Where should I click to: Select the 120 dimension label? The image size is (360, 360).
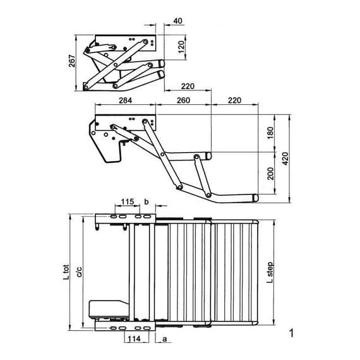pos(181,46)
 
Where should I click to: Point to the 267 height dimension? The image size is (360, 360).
pos(72,61)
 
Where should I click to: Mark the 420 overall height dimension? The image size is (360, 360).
pos(285,158)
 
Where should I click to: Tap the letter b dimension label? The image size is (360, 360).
pos(147,201)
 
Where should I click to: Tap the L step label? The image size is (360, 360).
pos(270,273)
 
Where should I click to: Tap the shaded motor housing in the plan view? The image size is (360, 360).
pos(109,309)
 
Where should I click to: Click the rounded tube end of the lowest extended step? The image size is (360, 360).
pos(256,198)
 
